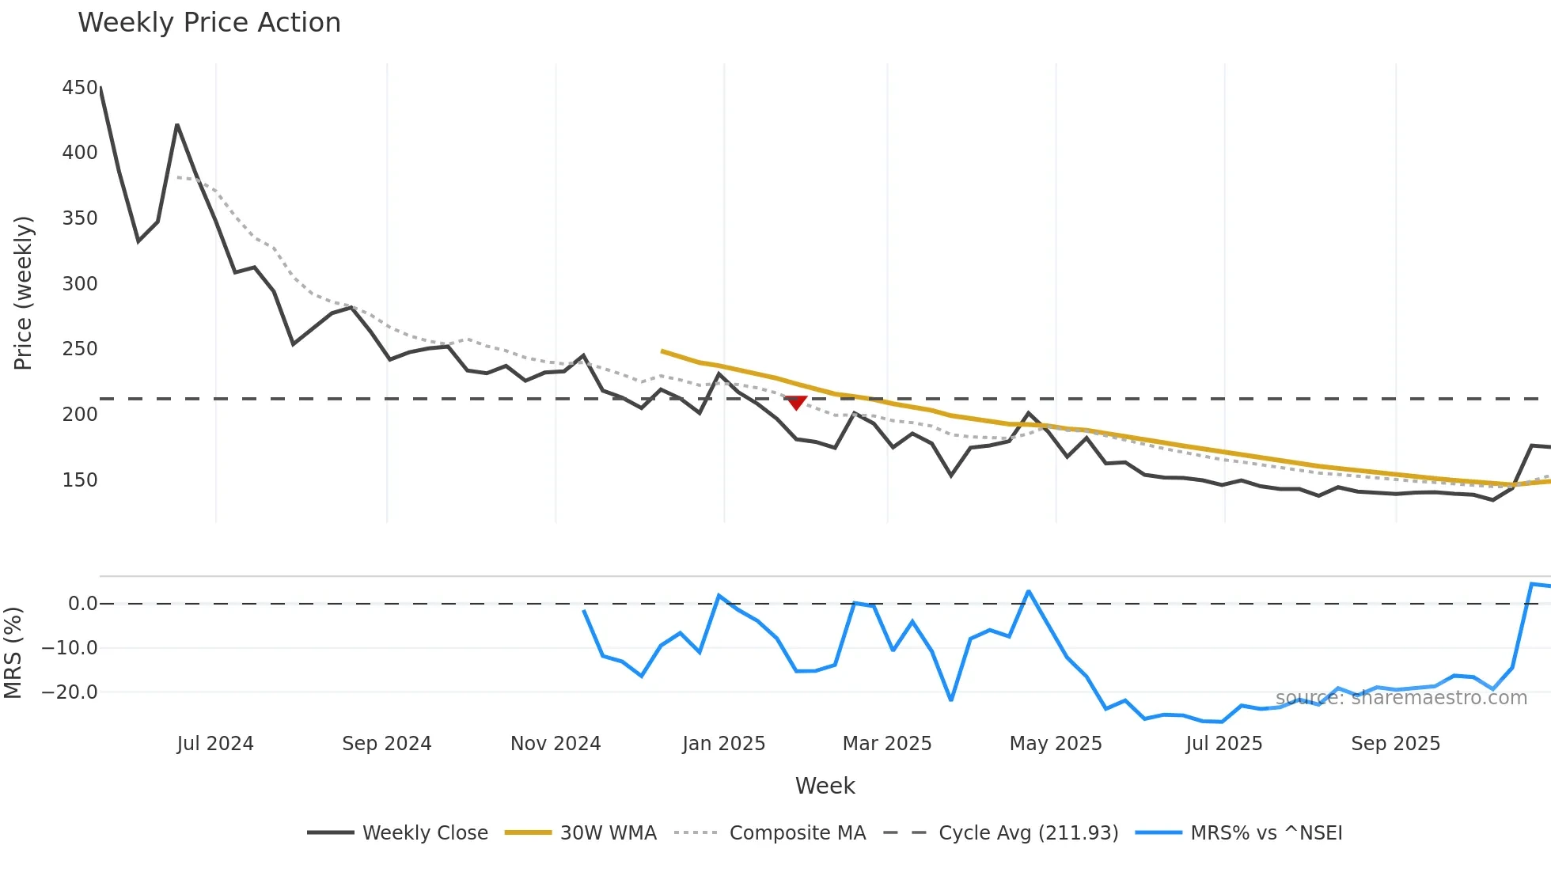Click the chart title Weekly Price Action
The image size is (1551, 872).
coord(209,22)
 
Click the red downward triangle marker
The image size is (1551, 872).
coord(796,403)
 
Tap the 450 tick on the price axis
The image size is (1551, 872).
coord(80,87)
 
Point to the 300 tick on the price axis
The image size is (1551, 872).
coord(80,283)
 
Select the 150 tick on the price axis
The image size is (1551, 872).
coord(80,480)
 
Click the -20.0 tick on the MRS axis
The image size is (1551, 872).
coord(70,692)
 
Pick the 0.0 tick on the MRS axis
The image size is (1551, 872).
coord(82,604)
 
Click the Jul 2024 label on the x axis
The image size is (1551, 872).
coord(215,744)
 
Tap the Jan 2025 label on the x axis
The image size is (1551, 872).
coord(723,744)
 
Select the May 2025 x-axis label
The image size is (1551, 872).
coord(1056,744)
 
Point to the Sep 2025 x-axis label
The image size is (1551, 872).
coord(1395,744)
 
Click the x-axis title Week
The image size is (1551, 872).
coord(825,786)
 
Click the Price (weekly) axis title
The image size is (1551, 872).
coord(23,293)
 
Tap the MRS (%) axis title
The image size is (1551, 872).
coord(13,653)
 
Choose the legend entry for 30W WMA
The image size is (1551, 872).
coord(608,833)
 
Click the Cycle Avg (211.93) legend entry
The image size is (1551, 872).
coord(1028,833)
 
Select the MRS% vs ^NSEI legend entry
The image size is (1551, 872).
coord(1266,833)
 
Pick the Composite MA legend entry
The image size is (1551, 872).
coord(797,833)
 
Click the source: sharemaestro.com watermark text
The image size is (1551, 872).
coord(1401,698)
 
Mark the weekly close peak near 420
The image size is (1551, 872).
coord(177,125)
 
